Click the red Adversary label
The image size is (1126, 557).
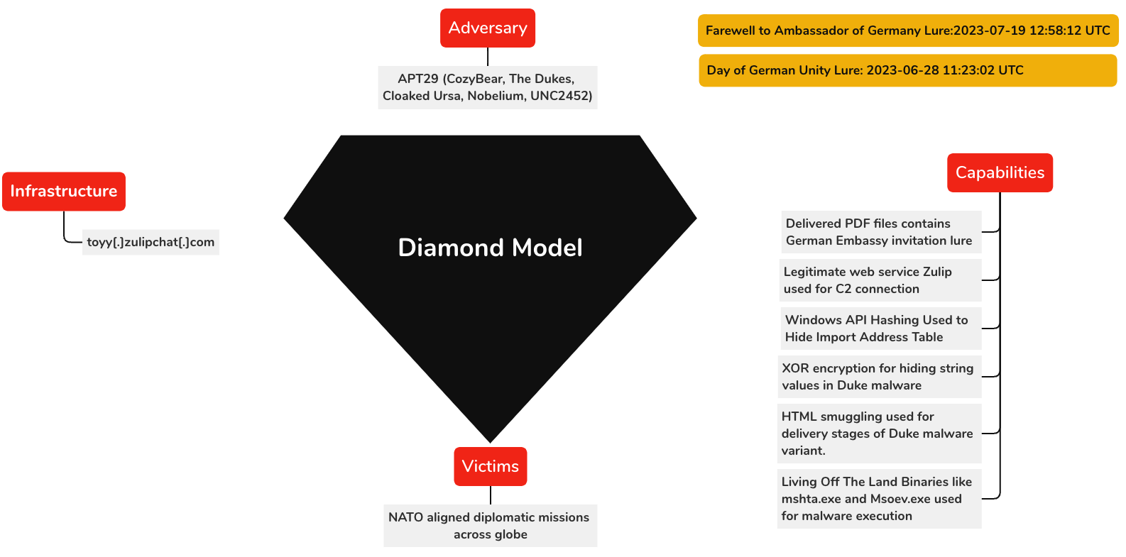488,28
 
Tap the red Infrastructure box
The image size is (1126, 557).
64,192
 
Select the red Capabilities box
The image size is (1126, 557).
1000,173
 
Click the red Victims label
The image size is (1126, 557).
491,467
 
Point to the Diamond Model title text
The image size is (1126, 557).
490,248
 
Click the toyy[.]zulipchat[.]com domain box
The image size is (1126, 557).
151,243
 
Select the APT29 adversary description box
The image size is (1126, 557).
488,87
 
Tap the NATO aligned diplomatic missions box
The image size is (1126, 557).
490,526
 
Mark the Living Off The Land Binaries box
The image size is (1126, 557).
879,499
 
